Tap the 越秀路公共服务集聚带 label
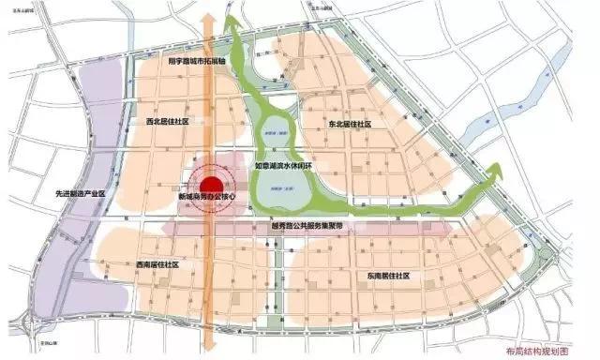(x=306, y=227)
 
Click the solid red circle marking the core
(x=212, y=184)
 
